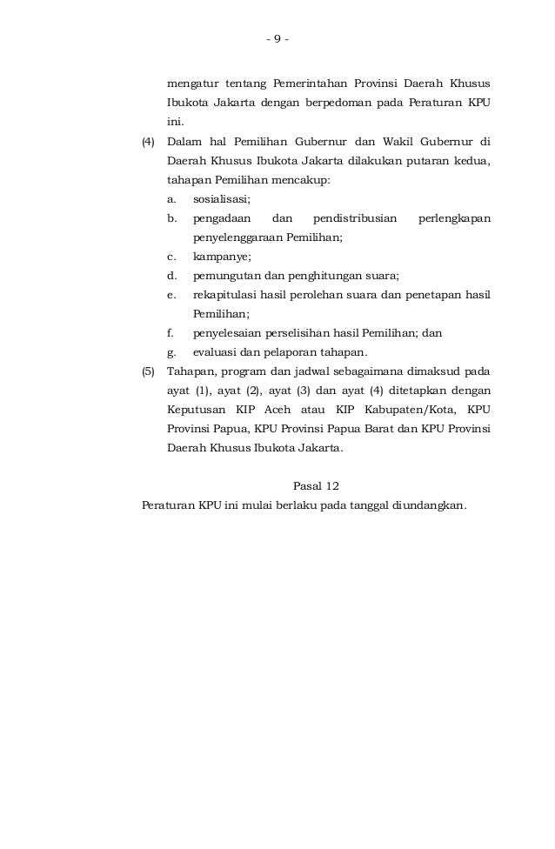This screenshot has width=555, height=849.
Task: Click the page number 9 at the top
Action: point(277,38)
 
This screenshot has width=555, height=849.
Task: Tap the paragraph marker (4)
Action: point(148,141)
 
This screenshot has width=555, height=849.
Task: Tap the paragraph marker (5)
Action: point(148,371)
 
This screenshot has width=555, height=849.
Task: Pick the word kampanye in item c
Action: point(221,257)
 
